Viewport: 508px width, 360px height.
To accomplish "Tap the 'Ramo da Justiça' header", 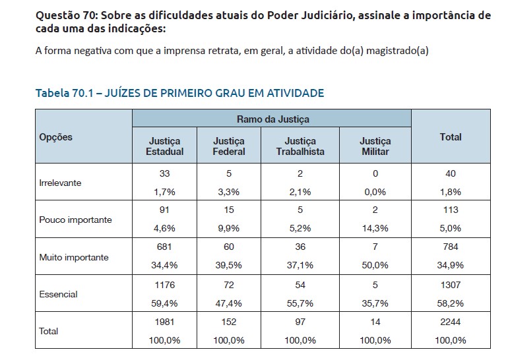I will click(272, 119).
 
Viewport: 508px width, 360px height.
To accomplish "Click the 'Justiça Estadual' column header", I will click(164, 146).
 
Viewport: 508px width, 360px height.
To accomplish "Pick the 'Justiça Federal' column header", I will click(229, 146).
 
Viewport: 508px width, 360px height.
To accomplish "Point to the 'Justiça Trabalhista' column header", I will click(300, 146).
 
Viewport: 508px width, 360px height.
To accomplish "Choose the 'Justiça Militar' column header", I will click(375, 146).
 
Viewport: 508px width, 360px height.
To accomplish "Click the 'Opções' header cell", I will click(56, 137).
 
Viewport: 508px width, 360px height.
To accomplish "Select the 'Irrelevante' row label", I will click(61, 183).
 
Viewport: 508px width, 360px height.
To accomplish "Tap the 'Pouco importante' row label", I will click(76, 220).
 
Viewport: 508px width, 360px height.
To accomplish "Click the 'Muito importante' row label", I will click(74, 257).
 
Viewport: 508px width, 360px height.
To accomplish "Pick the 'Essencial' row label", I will click(59, 294).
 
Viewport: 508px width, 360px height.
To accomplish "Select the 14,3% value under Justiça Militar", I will click(375, 228).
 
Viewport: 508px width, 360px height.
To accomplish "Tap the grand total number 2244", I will click(451, 323).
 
